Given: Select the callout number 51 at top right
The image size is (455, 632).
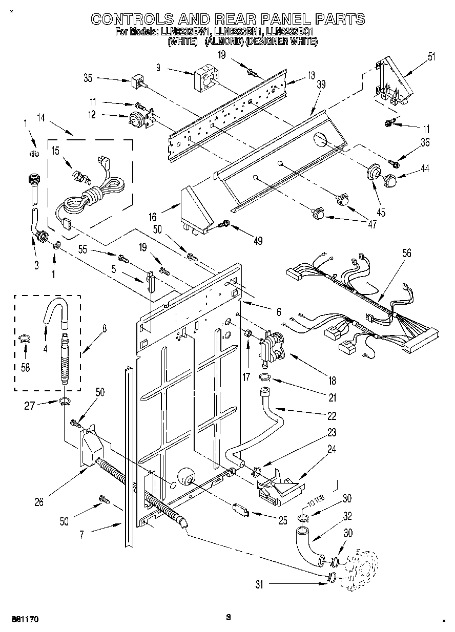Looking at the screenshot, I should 431,57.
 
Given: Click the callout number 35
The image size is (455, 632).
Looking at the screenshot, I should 88,79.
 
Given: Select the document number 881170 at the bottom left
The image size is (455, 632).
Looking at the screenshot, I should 21,619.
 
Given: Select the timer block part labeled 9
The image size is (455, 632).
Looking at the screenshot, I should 203,78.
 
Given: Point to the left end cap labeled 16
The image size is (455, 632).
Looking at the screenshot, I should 196,207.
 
